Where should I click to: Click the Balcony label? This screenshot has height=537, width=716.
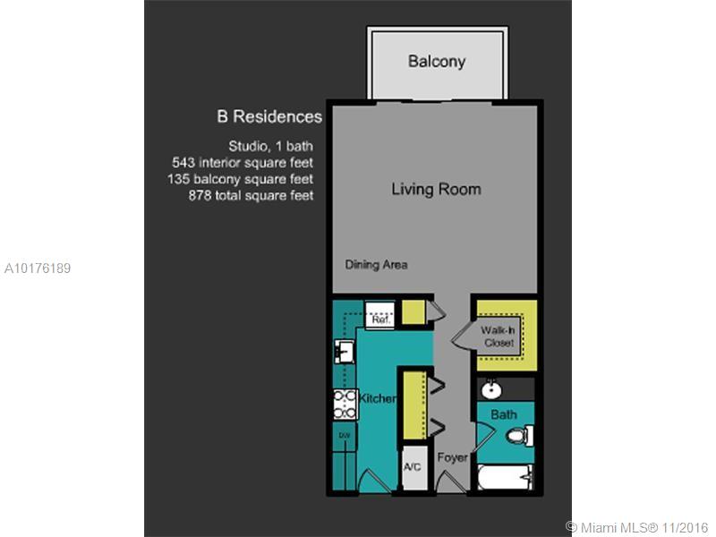tap(437, 61)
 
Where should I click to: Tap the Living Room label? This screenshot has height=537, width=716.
tap(436, 189)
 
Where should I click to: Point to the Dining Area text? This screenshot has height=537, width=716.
tap(376, 265)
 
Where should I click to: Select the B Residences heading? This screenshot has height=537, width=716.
tap(269, 116)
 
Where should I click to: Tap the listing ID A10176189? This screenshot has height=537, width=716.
tap(38, 268)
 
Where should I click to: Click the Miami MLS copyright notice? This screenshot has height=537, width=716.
tap(636, 527)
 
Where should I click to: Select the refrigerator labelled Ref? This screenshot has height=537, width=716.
tap(379, 314)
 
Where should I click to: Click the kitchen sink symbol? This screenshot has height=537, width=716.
tap(345, 351)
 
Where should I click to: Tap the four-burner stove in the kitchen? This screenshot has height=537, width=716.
tap(345, 405)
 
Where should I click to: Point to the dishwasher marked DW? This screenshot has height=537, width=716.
tap(345, 436)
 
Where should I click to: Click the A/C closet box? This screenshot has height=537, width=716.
tap(414, 467)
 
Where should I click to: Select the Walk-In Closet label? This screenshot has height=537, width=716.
tap(499, 337)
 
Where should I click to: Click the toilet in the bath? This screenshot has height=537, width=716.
tap(520, 435)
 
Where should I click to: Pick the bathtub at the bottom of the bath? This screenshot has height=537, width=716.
tap(505, 477)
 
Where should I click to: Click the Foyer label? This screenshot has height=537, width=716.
tap(452, 457)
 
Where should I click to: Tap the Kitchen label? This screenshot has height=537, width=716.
tap(377, 398)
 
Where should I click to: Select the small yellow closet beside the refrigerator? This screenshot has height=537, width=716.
tap(413, 312)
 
